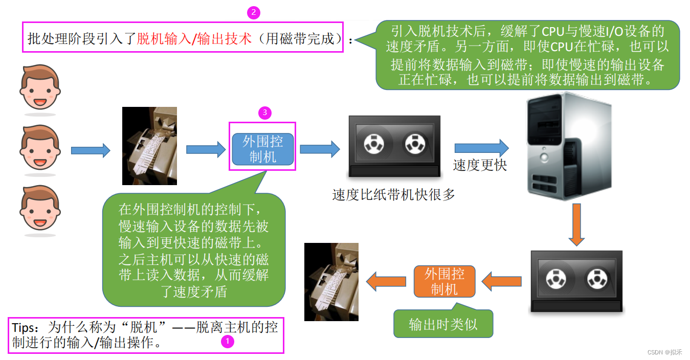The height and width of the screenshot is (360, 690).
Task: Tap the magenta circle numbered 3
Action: click(263, 112)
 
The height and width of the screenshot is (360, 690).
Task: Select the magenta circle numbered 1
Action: click(228, 341)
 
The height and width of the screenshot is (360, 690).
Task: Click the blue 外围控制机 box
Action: click(263, 149)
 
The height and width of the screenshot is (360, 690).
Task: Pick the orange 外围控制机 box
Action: click(444, 281)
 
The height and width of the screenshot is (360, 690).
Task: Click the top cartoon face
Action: click(40, 87)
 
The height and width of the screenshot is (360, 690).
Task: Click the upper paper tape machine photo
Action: click(149, 146)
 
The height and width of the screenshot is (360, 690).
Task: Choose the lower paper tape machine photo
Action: click(331, 282)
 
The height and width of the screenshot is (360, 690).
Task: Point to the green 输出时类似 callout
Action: click(443, 324)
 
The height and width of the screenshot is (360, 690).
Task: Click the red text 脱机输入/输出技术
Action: click(194, 39)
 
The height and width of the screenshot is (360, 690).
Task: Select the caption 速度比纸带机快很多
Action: click(393, 195)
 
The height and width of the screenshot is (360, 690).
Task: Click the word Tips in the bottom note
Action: click(24, 327)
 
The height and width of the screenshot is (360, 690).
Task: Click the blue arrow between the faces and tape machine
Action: click(91, 150)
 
